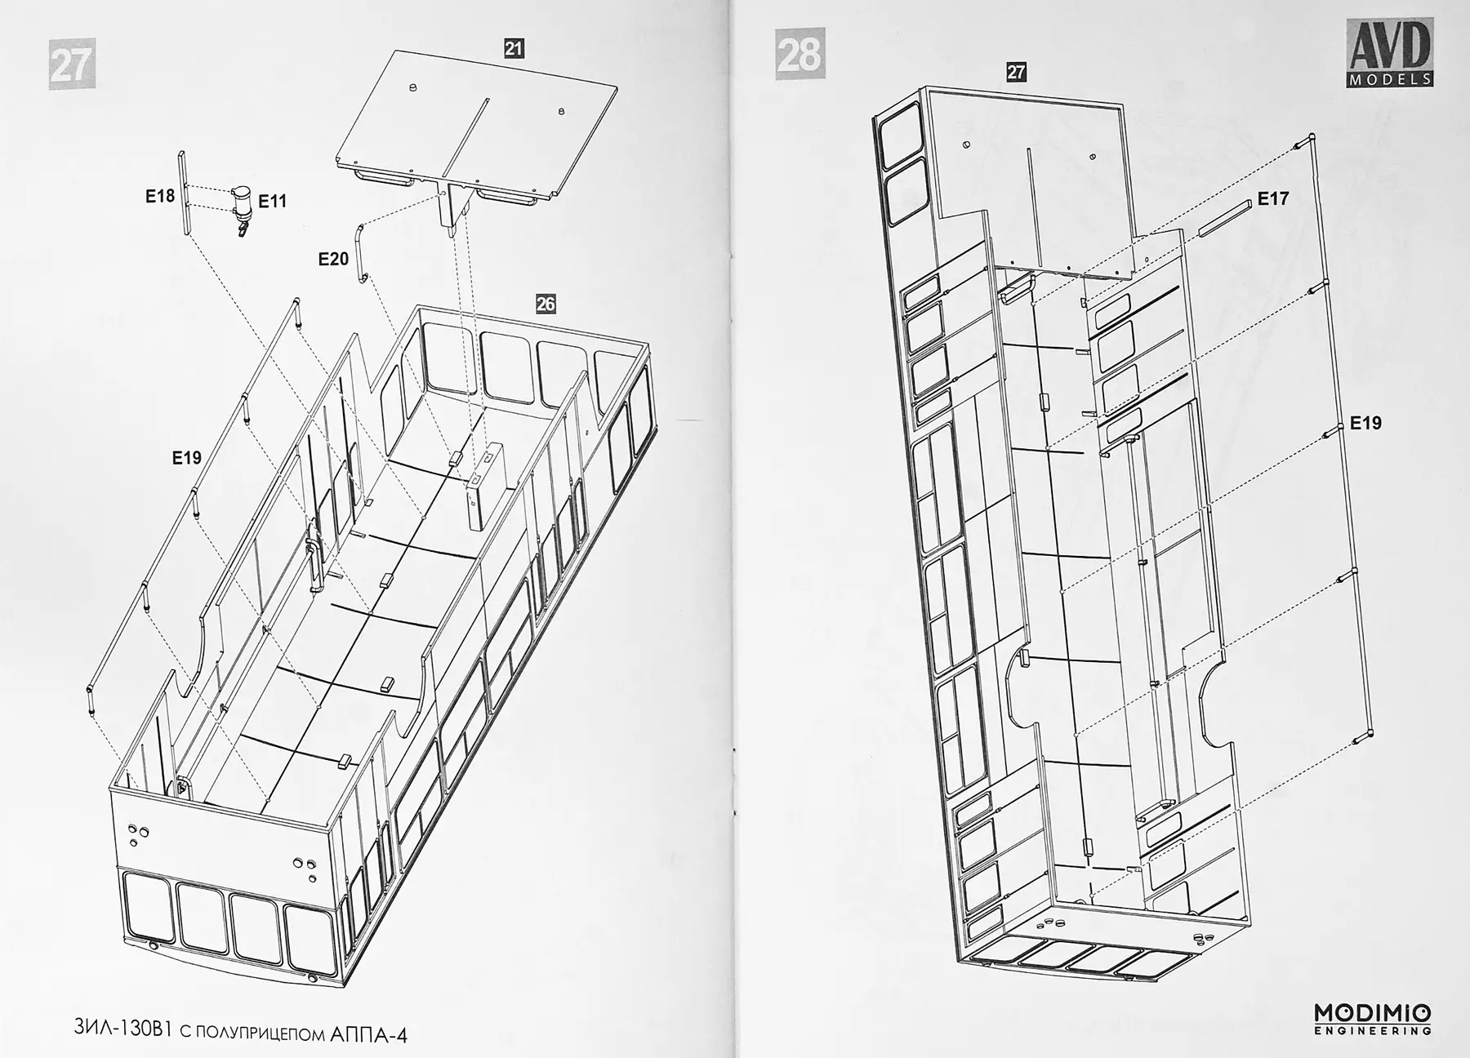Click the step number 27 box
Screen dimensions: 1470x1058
click(x=72, y=63)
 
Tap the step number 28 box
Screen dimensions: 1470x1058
click(x=800, y=54)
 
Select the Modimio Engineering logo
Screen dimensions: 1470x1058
click(x=1372, y=1019)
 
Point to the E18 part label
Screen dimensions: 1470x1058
click(x=160, y=196)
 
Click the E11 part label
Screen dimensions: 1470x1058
click(x=273, y=201)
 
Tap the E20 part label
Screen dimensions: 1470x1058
click(x=333, y=259)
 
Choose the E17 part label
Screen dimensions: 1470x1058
click(x=1272, y=198)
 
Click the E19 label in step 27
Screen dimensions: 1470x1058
click(x=186, y=458)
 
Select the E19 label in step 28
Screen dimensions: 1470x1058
click(x=1365, y=423)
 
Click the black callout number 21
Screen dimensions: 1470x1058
click(x=513, y=48)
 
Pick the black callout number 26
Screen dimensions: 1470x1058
click(x=545, y=304)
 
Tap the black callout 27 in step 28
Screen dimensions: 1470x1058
click(x=1015, y=72)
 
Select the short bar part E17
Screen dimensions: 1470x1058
click(x=1225, y=217)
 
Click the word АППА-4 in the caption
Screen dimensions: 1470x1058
click(x=369, y=1034)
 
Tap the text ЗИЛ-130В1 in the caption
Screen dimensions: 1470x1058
click(x=121, y=1029)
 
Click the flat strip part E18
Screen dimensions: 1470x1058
click(x=183, y=193)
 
